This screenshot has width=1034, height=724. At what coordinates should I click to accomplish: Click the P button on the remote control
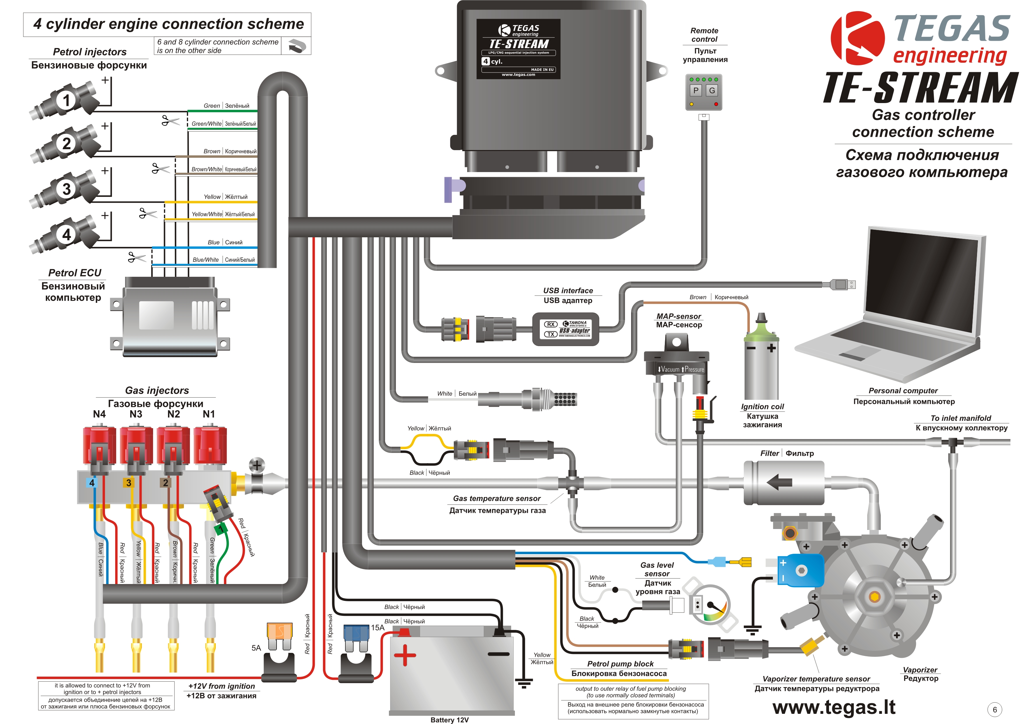[x=696, y=90]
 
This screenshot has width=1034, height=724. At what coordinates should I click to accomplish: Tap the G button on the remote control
[x=712, y=90]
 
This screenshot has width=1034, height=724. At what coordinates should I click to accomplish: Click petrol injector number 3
[x=66, y=189]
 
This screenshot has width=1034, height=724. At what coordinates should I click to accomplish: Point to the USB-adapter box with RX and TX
[x=566, y=329]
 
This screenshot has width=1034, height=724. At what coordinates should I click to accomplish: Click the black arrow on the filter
[x=779, y=483]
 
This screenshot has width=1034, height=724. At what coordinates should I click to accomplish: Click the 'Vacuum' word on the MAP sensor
[x=670, y=370]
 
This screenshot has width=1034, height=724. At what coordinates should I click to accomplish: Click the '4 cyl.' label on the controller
[x=492, y=61]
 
